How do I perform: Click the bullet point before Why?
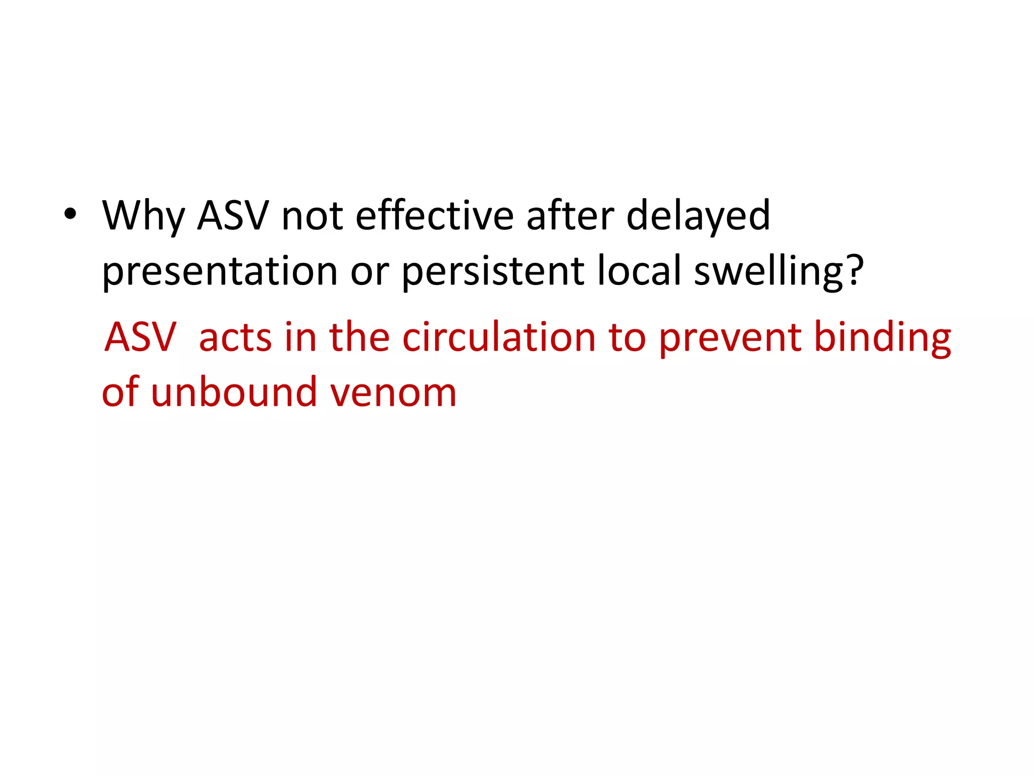click(x=70, y=215)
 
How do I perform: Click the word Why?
click(x=143, y=216)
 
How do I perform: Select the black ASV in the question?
click(x=233, y=215)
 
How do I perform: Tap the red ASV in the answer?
click(x=140, y=337)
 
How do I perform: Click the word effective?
click(x=434, y=215)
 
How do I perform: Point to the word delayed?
click(x=698, y=216)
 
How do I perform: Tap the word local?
click(x=639, y=271)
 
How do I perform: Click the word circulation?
click(x=499, y=337)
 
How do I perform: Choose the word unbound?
click(x=233, y=392)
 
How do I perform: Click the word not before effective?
click(x=312, y=216)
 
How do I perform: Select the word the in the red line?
click(x=359, y=337)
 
